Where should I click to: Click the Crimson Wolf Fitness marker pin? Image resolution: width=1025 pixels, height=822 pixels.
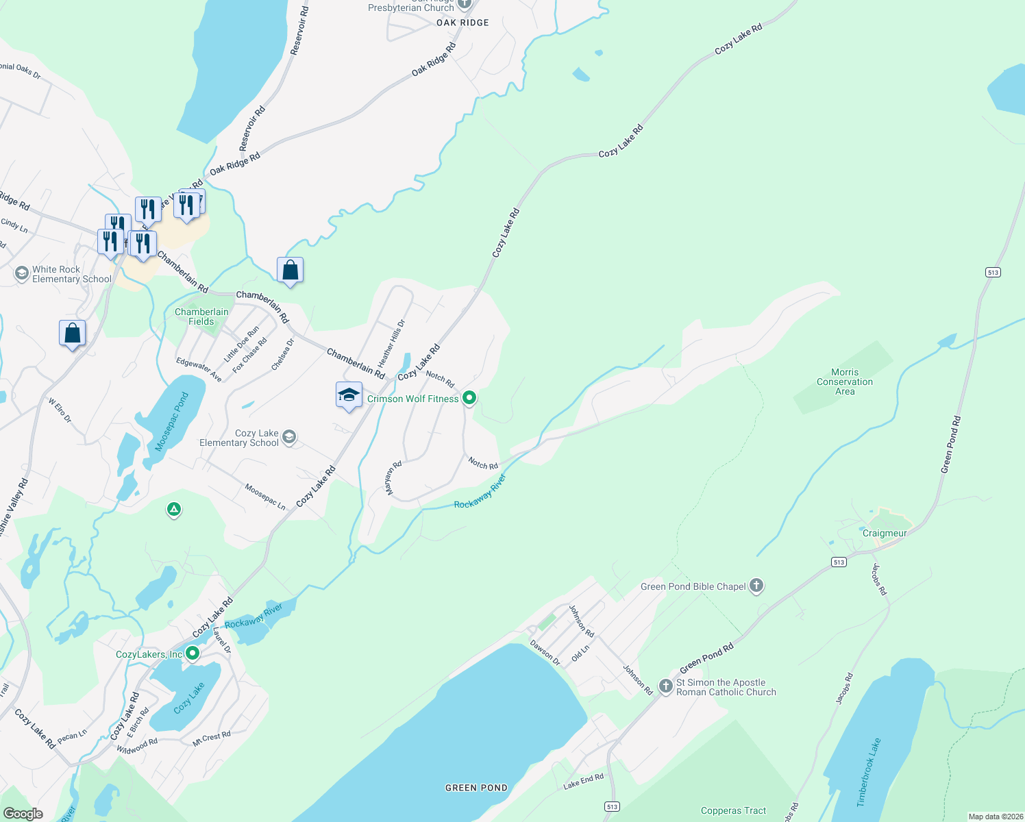[x=469, y=397]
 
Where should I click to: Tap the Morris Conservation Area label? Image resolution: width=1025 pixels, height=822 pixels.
[x=844, y=382]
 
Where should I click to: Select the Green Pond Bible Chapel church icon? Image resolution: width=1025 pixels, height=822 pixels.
[x=756, y=586]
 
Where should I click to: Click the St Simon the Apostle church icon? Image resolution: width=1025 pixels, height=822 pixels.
[x=665, y=686]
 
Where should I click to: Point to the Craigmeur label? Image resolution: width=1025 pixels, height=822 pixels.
[x=884, y=533]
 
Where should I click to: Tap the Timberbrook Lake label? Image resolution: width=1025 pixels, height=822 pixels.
[x=869, y=772]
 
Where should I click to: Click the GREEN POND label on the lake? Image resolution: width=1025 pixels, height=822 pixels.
[x=476, y=788]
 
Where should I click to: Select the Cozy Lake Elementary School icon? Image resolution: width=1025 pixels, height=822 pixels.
[x=289, y=437]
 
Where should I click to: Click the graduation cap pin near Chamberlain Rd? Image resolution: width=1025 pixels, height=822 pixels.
[x=349, y=395]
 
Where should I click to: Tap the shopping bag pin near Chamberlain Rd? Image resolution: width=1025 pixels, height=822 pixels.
[x=290, y=270]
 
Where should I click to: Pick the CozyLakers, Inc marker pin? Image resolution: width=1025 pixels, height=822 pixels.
[x=193, y=653]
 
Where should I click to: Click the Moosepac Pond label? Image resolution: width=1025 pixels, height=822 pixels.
[x=171, y=422]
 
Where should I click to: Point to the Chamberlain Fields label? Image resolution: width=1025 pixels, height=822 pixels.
[x=201, y=316]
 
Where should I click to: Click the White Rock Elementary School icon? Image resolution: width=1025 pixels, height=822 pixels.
[x=21, y=274]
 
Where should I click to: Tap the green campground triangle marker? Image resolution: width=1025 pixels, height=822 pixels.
[x=174, y=509]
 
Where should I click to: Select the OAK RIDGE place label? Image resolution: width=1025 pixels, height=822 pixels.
[x=462, y=23]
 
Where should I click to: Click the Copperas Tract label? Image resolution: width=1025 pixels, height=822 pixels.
[x=733, y=810]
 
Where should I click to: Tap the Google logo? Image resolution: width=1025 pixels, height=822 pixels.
[x=23, y=813]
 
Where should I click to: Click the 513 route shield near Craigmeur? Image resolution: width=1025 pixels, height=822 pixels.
[x=839, y=562]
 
